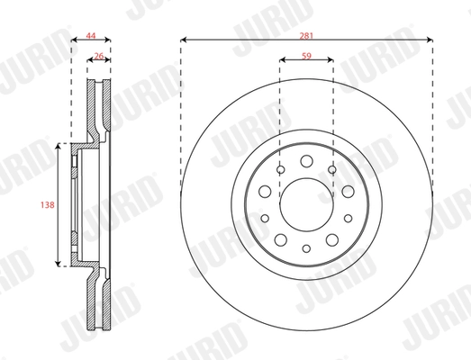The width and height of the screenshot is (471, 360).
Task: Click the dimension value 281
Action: tap(307, 32)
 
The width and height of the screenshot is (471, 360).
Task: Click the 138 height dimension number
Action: tap(48, 204)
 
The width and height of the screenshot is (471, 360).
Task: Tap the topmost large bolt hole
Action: tap(306, 161)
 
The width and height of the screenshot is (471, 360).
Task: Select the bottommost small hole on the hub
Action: tap(306, 248)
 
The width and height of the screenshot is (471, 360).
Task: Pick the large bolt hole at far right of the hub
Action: tap(348, 191)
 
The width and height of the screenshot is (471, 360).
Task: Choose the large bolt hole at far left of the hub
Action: tap(265, 191)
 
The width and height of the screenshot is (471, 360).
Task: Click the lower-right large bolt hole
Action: tap(331, 237)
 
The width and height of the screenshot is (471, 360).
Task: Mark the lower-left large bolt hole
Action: tap(281, 237)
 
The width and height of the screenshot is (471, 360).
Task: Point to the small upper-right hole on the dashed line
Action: tap(332, 169)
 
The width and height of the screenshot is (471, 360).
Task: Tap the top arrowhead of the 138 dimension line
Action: tap(59, 145)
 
